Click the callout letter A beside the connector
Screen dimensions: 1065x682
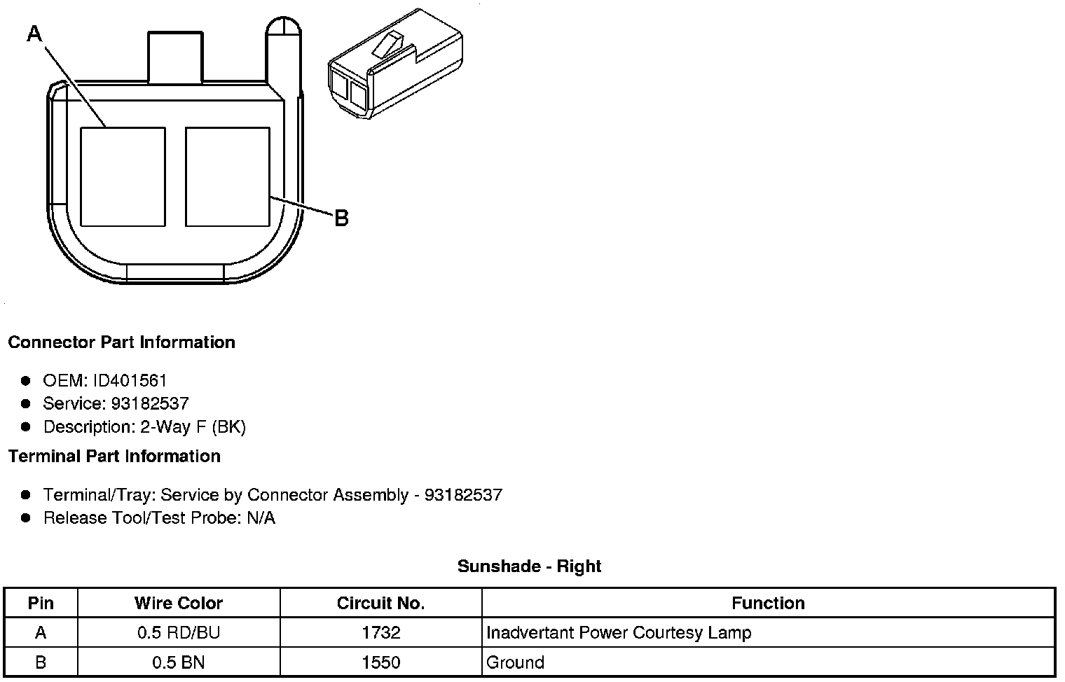[35, 34]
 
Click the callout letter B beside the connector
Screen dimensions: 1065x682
[341, 218]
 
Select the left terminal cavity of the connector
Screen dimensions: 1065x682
[123, 176]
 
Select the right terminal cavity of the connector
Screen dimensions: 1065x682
[228, 176]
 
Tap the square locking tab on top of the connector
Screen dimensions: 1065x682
[175, 57]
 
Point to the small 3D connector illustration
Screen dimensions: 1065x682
[394, 64]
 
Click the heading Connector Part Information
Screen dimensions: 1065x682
[122, 342]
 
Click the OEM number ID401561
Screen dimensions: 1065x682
[130, 381]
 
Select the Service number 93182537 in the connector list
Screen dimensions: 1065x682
[150, 403]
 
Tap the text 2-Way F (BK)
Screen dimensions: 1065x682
[193, 427]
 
